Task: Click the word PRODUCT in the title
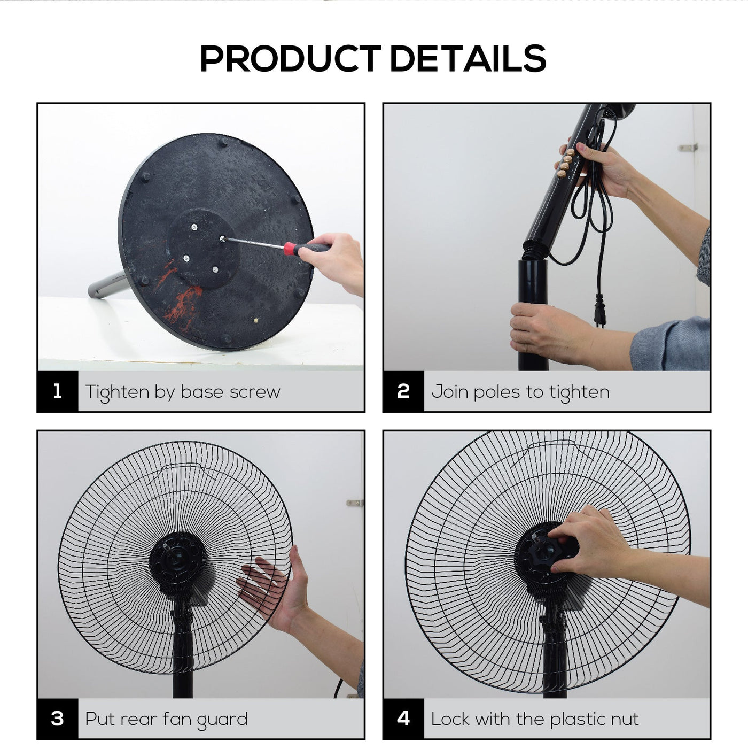[x=291, y=58]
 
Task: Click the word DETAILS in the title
[x=468, y=58]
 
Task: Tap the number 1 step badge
[x=58, y=391]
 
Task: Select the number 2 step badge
[x=403, y=391]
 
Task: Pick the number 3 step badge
[x=58, y=719]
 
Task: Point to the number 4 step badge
[x=403, y=719]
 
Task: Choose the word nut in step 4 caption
[x=625, y=719]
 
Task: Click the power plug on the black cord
[x=599, y=309]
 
